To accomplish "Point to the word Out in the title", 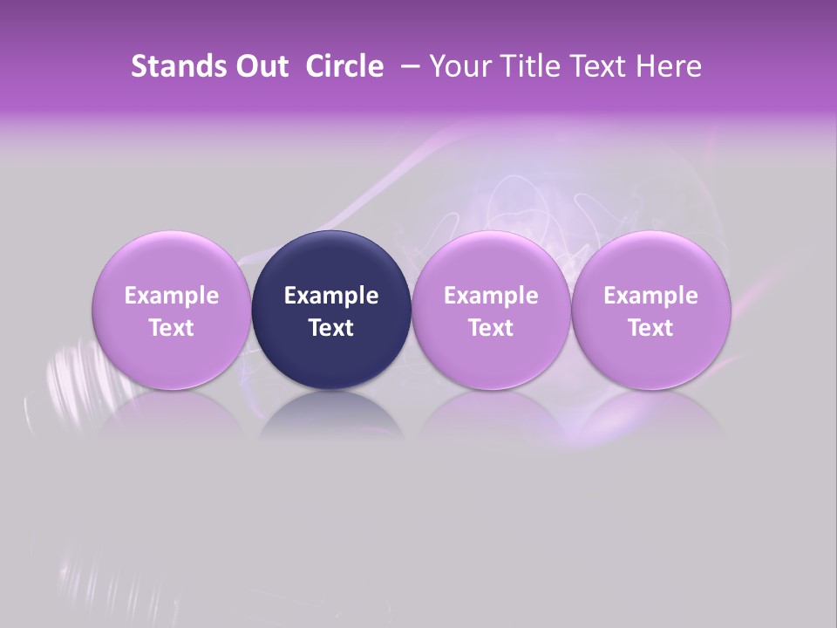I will pyautogui.click(x=260, y=66).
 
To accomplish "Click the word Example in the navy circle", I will pyautogui.click(x=331, y=296).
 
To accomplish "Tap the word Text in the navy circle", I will pyautogui.click(x=331, y=328).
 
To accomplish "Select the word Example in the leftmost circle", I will pyautogui.click(x=171, y=296).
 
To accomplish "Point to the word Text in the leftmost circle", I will pyautogui.click(x=171, y=328).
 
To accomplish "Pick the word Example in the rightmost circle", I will pyautogui.click(x=650, y=296).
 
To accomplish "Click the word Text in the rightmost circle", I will pyautogui.click(x=650, y=328).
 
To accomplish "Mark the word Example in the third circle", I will pyautogui.click(x=491, y=296).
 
